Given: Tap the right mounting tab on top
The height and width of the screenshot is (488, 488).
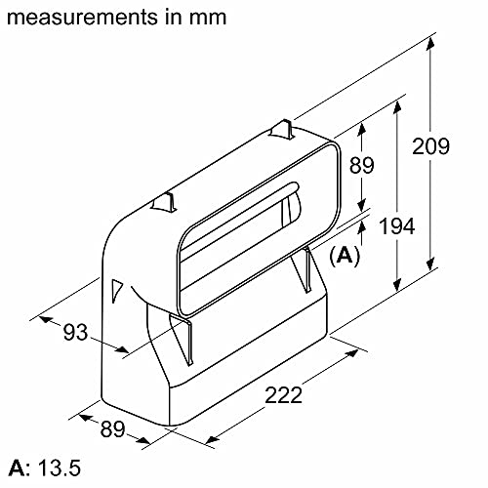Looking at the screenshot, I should pyautogui.click(x=282, y=128).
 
